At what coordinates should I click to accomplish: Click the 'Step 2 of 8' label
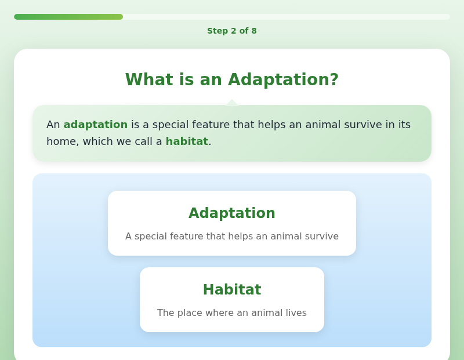click(232, 31)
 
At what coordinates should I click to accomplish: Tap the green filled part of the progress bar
click(68, 17)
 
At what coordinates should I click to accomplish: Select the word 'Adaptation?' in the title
click(283, 80)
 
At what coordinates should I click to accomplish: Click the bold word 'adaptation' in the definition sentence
click(96, 125)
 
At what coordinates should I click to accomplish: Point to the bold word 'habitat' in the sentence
click(187, 141)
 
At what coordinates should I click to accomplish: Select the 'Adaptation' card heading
click(232, 213)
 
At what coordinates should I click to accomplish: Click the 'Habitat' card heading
click(232, 290)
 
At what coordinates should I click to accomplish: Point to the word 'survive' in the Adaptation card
click(322, 237)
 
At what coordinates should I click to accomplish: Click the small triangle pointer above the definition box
click(232, 103)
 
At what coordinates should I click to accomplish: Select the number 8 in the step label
click(254, 31)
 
